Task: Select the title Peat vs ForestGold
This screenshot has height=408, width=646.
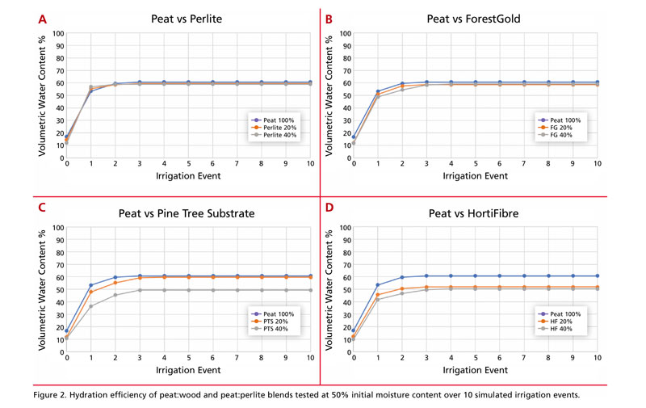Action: coord(474,17)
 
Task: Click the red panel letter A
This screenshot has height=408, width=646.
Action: coord(43,17)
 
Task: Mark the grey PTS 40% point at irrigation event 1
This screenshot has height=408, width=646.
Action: coord(91,306)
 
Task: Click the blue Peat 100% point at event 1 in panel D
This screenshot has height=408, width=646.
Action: coord(377,285)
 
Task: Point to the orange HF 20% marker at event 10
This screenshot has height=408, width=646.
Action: coord(598,287)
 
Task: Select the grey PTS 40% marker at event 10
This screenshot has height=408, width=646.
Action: coord(312,289)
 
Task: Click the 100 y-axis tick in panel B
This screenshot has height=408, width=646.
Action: coord(344,33)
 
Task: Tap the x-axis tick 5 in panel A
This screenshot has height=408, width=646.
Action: coord(189,163)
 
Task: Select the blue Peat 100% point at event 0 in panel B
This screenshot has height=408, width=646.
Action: coord(353,137)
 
